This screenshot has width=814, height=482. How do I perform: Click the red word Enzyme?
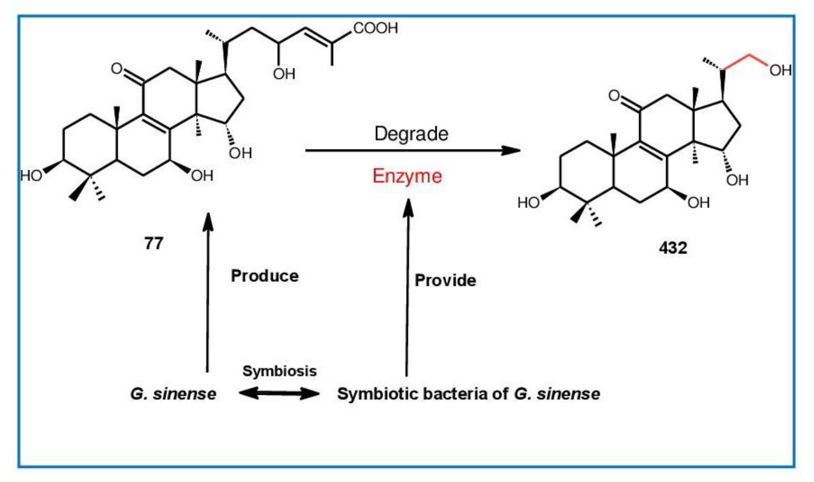[x=407, y=176]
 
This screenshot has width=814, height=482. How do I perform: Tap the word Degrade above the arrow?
[x=411, y=133]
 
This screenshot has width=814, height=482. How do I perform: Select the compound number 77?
[x=153, y=243]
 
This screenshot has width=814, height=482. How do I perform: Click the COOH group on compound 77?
[x=375, y=28]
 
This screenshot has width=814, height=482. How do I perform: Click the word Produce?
[x=265, y=276]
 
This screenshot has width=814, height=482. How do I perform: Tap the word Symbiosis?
[x=279, y=371]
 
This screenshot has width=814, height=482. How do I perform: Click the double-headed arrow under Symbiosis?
[x=279, y=393]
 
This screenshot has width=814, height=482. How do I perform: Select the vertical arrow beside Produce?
[x=207, y=292]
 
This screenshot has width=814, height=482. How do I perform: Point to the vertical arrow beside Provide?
[x=407, y=289]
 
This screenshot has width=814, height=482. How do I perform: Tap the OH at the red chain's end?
[x=780, y=70]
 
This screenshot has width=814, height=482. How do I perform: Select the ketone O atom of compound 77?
[x=116, y=69]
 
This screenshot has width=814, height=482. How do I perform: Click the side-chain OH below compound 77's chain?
[x=284, y=74]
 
